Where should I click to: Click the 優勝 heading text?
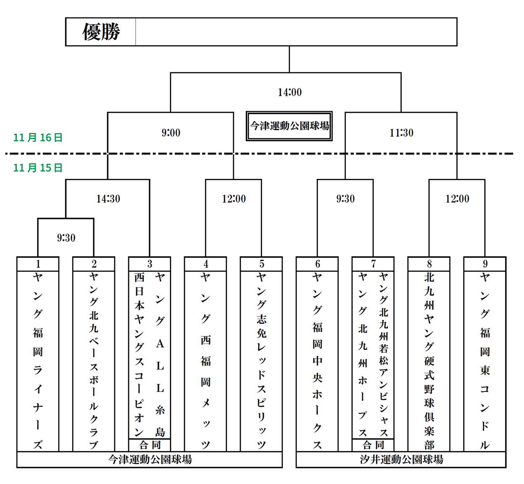coord(101,32)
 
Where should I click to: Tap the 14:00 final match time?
coord(290,92)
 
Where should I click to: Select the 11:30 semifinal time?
coord(401,133)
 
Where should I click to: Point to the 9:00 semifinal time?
coord(171,133)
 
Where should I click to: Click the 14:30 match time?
coord(108,199)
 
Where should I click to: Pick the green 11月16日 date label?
coord(38,138)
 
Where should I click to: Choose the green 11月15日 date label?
coord(38,168)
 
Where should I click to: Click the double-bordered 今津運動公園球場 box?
coord(289,126)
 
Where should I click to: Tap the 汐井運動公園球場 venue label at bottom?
coord(401,459)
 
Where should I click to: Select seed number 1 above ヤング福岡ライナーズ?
coord(38,264)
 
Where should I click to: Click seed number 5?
coord(261,264)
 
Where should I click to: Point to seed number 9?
coord(485,264)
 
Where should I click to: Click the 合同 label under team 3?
coord(150,445)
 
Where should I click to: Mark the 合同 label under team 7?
coord(373,445)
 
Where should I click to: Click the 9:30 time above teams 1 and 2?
coord(66,238)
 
